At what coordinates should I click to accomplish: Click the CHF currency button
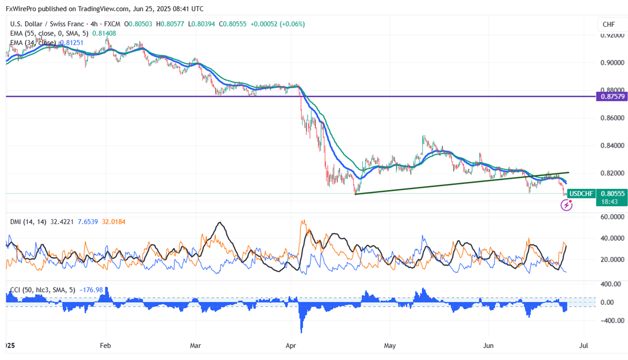click(x=608, y=25)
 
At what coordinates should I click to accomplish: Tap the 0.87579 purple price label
click(x=612, y=96)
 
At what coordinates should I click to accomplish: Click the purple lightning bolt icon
click(x=567, y=205)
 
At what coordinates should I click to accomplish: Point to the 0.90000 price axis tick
click(x=613, y=62)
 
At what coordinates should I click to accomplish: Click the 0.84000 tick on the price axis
click(x=613, y=145)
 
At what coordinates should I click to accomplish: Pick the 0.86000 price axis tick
click(x=613, y=118)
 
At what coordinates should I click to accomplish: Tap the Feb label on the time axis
click(x=105, y=346)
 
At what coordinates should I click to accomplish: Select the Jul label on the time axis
click(x=583, y=346)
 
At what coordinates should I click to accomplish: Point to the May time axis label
click(x=390, y=346)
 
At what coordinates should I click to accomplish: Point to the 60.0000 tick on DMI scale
click(x=612, y=217)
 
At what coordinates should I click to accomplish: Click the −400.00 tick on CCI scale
click(x=611, y=320)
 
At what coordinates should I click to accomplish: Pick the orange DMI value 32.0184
click(x=111, y=222)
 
